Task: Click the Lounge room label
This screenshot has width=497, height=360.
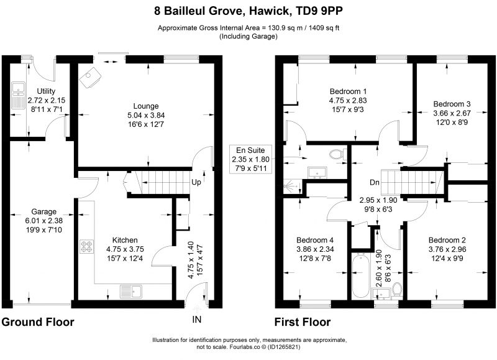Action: [146, 106]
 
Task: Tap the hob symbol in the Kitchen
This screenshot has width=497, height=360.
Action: [87, 246]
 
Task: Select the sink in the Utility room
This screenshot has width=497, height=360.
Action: [19, 96]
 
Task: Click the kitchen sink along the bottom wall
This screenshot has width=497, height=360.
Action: [131, 291]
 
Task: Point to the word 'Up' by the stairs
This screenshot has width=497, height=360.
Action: [196, 182]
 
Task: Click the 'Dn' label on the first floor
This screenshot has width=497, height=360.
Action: [375, 182]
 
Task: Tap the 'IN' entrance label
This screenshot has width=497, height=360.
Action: [196, 320]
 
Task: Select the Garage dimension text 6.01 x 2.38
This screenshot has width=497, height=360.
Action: [43, 221]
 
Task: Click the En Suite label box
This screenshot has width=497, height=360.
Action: [250, 159]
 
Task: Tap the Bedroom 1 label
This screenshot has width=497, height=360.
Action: [348, 91]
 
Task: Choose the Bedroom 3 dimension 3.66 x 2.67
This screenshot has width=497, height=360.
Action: [452, 113]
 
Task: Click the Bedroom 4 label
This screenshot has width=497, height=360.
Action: [315, 240]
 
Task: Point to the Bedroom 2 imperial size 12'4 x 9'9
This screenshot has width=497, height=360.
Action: [447, 259]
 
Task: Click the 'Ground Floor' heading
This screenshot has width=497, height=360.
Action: [38, 322]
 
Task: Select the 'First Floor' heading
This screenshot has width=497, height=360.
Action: [303, 322]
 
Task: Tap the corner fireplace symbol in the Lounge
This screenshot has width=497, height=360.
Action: [90, 77]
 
